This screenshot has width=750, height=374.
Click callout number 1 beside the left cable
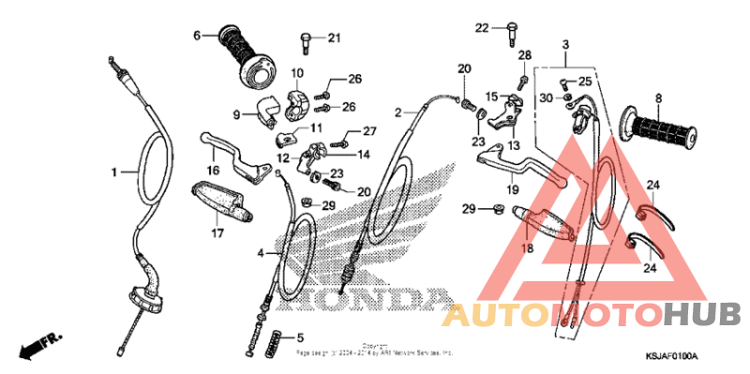point(114,172)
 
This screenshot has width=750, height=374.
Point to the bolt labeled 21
point(306,38)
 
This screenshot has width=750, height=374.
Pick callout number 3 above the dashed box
point(565,45)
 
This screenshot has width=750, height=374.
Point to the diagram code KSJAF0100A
point(673,358)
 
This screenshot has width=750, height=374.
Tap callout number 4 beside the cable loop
point(262,253)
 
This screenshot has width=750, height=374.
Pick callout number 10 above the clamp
point(296,73)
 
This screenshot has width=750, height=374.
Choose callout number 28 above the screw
point(524,55)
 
